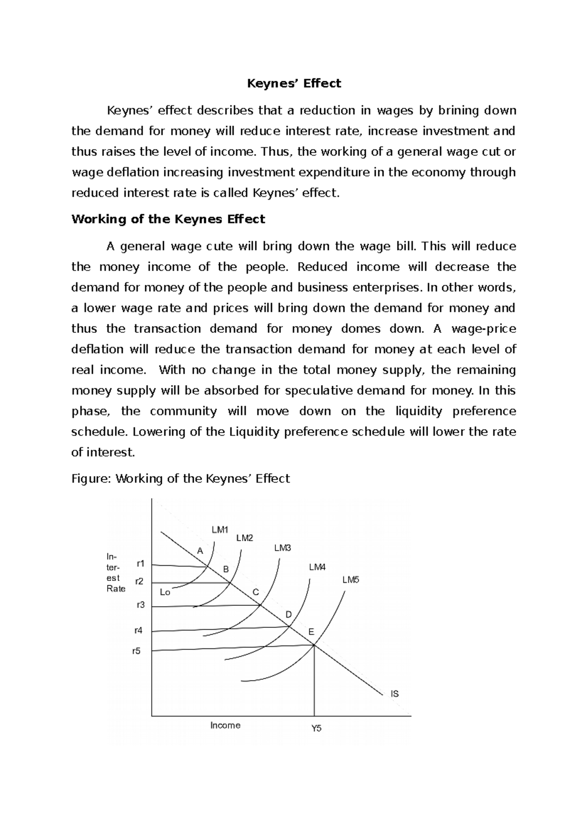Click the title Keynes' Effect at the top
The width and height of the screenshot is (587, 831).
pyautogui.click(x=293, y=84)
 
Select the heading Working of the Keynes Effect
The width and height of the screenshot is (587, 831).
pyautogui.click(x=168, y=219)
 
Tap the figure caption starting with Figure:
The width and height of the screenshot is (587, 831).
pyautogui.click(x=181, y=479)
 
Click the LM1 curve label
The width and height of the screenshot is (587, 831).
pyautogui.click(x=220, y=530)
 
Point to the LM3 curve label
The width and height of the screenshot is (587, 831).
pyautogui.click(x=283, y=548)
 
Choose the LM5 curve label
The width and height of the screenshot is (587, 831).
pyautogui.click(x=351, y=580)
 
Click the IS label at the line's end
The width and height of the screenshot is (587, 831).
pyautogui.click(x=394, y=694)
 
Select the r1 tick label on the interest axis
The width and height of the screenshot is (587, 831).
pyautogui.click(x=141, y=563)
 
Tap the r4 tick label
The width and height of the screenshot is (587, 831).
pyautogui.click(x=138, y=631)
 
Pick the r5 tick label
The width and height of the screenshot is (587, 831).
pyautogui.click(x=136, y=651)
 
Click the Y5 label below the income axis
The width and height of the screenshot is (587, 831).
pyautogui.click(x=316, y=729)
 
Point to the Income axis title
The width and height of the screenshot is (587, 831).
pyautogui.click(x=225, y=725)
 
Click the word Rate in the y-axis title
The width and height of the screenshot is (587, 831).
pyautogui.click(x=116, y=589)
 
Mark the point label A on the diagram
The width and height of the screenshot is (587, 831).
pyautogui.click(x=200, y=551)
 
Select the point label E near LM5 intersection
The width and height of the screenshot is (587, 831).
pyautogui.click(x=311, y=632)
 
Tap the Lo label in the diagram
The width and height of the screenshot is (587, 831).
pyautogui.click(x=165, y=593)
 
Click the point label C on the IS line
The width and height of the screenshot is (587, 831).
pyautogui.click(x=255, y=592)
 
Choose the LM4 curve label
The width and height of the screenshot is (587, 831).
pyautogui.click(x=317, y=567)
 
